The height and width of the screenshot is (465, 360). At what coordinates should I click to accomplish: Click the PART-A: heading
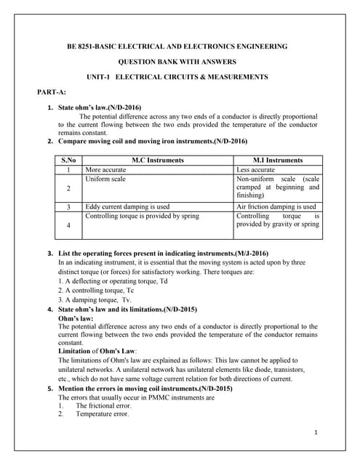pos(51,92)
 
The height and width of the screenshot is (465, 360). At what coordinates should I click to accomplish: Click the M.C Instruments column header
pos(158,160)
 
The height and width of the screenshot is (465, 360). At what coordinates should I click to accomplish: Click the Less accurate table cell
pos(255,169)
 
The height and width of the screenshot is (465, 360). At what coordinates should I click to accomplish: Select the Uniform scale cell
pos(105,179)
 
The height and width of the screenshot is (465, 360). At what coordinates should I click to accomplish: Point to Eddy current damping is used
pos(127,207)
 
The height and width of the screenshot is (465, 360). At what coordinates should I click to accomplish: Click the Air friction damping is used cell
pos(276,207)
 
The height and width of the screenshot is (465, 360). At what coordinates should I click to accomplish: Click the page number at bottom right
pos(317,433)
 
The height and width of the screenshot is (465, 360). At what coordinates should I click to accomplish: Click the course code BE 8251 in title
pos(86,46)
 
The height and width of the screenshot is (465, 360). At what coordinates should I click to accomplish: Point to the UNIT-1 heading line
pos(177,77)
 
